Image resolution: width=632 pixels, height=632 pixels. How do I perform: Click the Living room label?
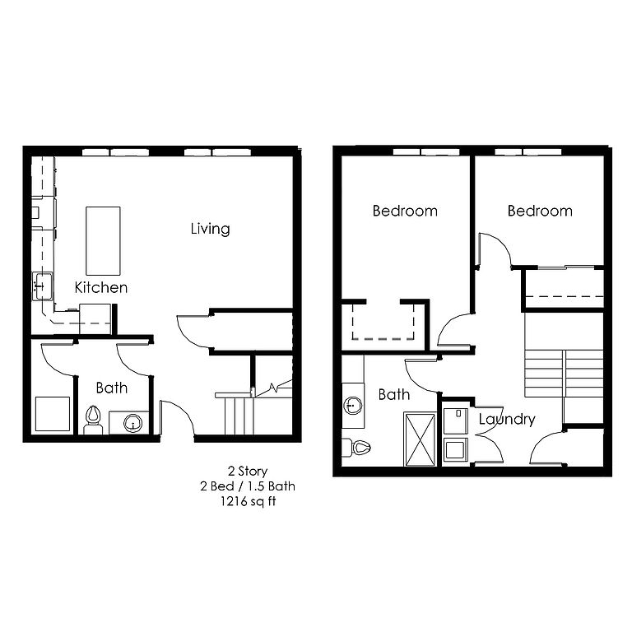click(x=211, y=229)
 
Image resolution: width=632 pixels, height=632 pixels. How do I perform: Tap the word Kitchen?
click(x=101, y=287)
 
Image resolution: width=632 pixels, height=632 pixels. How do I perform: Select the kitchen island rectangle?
click(x=103, y=241)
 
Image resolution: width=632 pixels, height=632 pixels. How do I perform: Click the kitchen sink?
click(x=42, y=286)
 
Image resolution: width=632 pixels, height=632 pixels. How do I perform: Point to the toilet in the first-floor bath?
click(x=93, y=420)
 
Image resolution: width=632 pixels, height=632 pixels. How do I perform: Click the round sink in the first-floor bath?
click(x=132, y=424)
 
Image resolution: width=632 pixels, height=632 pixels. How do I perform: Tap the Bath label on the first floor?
click(x=112, y=388)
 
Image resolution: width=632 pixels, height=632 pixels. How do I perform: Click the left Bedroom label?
click(x=405, y=211)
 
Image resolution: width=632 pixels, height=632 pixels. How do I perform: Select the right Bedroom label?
click(x=540, y=211)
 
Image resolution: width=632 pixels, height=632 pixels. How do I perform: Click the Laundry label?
click(x=507, y=420)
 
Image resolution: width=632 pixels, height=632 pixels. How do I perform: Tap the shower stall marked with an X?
click(x=420, y=439)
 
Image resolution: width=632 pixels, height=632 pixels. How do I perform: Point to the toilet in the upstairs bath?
click(x=356, y=447)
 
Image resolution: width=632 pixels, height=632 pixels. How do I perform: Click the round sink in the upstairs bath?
click(x=353, y=405)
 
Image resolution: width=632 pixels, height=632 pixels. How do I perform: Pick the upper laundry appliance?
click(x=455, y=421)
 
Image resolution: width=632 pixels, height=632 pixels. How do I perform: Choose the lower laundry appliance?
click(x=455, y=450)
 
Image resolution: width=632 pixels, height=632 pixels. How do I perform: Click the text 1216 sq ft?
click(x=248, y=501)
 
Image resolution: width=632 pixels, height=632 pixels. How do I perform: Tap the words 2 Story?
click(x=248, y=472)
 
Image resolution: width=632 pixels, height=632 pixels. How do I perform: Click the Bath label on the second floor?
click(x=394, y=394)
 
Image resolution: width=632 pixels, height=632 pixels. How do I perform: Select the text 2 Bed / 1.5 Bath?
click(x=248, y=486)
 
